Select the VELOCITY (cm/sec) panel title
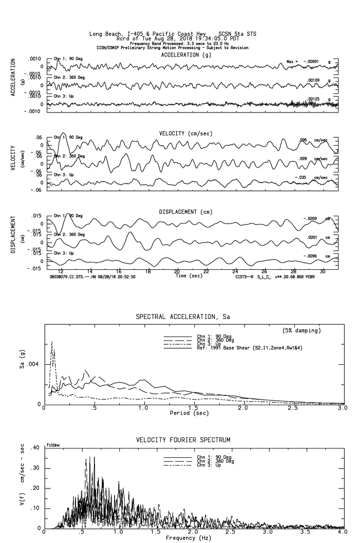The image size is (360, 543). click(x=186, y=133)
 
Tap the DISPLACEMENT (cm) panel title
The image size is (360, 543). click(x=185, y=212)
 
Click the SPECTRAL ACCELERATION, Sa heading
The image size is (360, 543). click(x=183, y=317)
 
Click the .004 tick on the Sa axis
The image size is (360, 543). click(x=37, y=364)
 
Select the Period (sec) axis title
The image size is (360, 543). click(x=190, y=413)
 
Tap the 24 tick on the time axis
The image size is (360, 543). click(x=235, y=271)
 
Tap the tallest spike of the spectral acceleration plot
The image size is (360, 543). click(x=52, y=342)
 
